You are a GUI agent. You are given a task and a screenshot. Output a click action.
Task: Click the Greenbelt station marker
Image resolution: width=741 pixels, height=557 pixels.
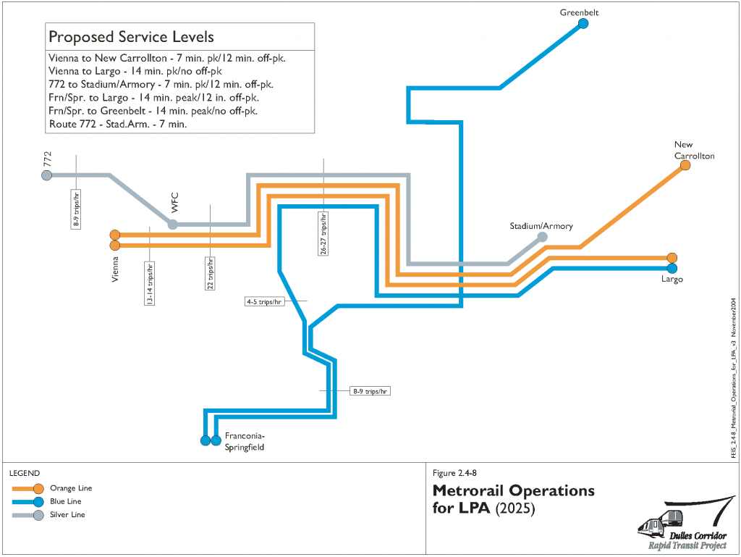coord(583,24)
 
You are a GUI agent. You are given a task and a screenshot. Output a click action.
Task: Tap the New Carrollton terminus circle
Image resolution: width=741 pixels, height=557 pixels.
coord(685,166)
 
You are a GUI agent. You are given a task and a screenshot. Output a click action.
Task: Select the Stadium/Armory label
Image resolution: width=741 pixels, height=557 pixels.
coord(541,226)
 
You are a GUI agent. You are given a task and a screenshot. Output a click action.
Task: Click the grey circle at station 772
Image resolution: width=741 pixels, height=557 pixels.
coord(47,175)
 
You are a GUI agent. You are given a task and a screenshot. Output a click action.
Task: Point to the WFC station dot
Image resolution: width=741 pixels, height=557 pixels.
coord(173,225)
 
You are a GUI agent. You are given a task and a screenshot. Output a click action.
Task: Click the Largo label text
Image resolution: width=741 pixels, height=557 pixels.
coord(672,279)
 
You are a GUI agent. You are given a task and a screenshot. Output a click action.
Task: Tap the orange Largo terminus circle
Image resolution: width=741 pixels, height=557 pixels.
coord(672,258)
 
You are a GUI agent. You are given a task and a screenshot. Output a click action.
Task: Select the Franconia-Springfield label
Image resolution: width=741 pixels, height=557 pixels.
coord(245,442)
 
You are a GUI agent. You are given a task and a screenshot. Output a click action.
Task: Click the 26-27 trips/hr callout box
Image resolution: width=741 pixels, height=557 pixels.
coord(323,233)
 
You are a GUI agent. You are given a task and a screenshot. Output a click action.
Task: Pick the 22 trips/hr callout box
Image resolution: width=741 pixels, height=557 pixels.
coord(210,274)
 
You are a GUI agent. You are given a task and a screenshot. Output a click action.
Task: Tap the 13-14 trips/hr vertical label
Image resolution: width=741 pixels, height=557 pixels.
coord(149,283)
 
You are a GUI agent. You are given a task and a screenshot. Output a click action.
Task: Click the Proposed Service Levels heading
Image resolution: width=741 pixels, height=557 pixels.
coord(131,37)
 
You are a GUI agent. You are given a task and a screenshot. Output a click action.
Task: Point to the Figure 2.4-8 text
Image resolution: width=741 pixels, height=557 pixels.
coord(454,473)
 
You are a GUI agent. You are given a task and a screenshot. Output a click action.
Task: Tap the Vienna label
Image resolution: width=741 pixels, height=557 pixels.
coord(115,269)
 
